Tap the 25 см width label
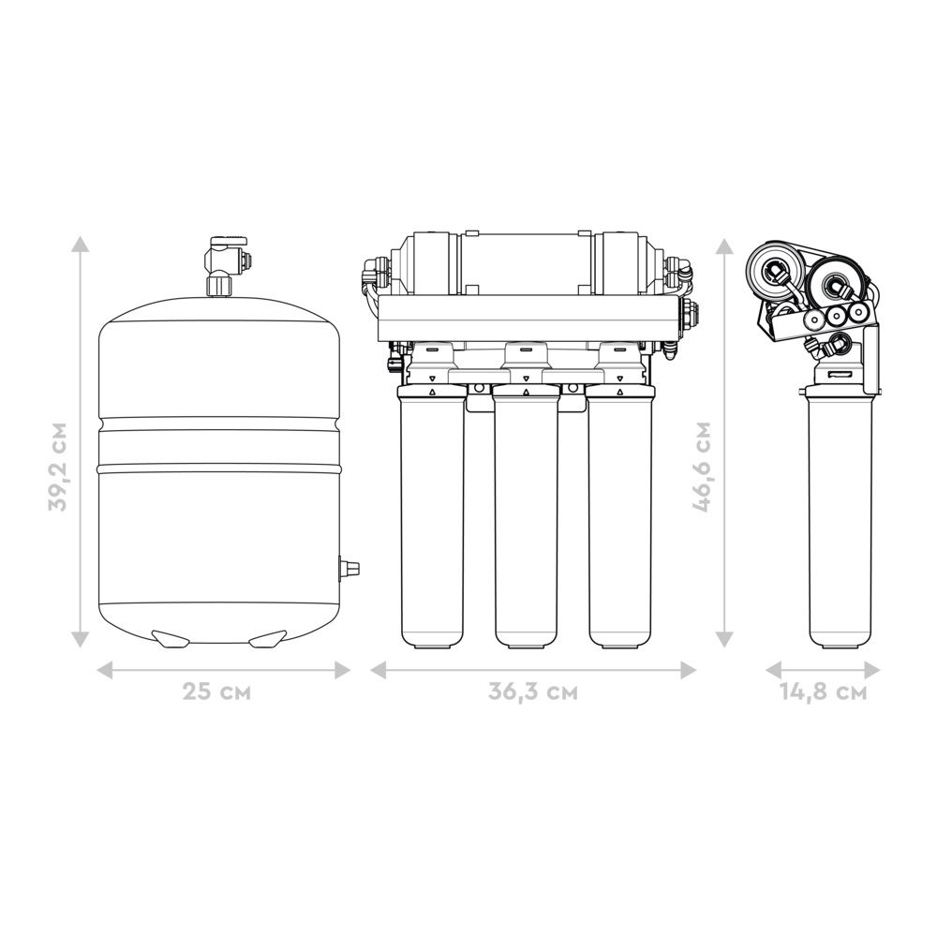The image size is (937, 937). (x=216, y=692)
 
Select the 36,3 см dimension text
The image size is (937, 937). (x=533, y=692)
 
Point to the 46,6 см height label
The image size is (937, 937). (x=702, y=467)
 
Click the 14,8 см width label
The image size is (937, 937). (x=823, y=692)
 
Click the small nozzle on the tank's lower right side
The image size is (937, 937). (x=350, y=567)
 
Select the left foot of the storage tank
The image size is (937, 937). (x=171, y=638)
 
